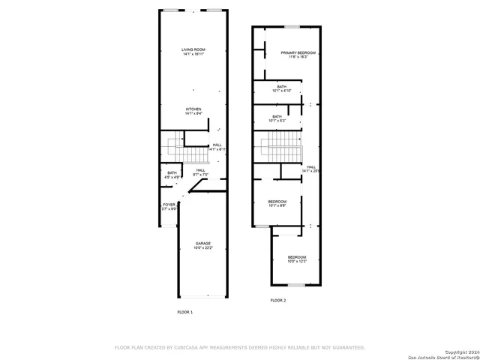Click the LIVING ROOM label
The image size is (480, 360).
click(x=193, y=49)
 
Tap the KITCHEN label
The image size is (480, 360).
click(x=193, y=109)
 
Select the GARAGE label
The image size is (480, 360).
click(x=203, y=243)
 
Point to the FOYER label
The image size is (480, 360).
click(x=169, y=204)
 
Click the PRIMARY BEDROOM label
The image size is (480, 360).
click(x=298, y=52)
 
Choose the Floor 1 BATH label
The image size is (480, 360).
click(x=172, y=172)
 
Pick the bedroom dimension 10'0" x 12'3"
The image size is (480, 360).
click(x=297, y=262)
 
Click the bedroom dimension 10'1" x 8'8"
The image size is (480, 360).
click(x=277, y=205)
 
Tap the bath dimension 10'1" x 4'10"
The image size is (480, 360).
click(x=281, y=91)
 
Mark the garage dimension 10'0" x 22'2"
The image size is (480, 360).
click(x=203, y=247)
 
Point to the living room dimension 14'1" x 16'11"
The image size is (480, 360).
click(x=193, y=54)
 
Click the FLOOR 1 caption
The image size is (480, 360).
click(x=184, y=311)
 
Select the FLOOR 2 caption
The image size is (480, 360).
click(x=278, y=300)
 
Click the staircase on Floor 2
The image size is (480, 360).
click(x=280, y=148)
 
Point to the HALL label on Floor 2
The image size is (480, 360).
click(x=310, y=166)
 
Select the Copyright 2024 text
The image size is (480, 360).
click(x=458, y=351)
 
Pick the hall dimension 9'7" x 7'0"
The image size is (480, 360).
click(x=201, y=175)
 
